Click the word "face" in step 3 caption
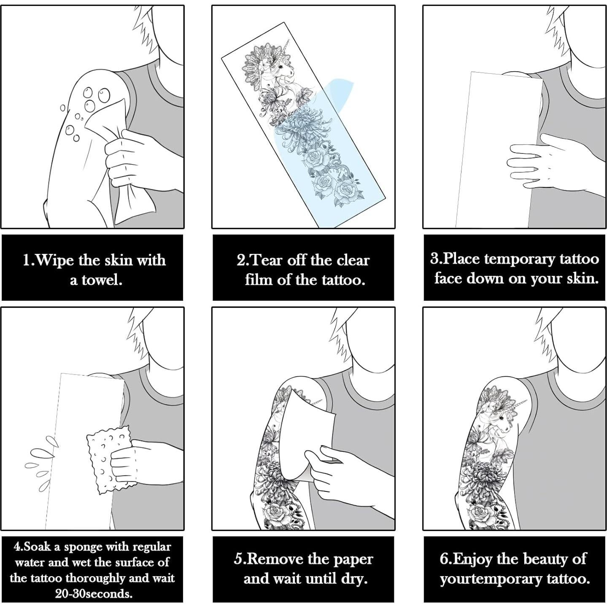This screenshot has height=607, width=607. click(x=448, y=278)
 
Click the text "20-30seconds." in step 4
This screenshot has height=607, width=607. click(x=93, y=594)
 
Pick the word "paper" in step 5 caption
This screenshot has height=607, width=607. click(x=353, y=559)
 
